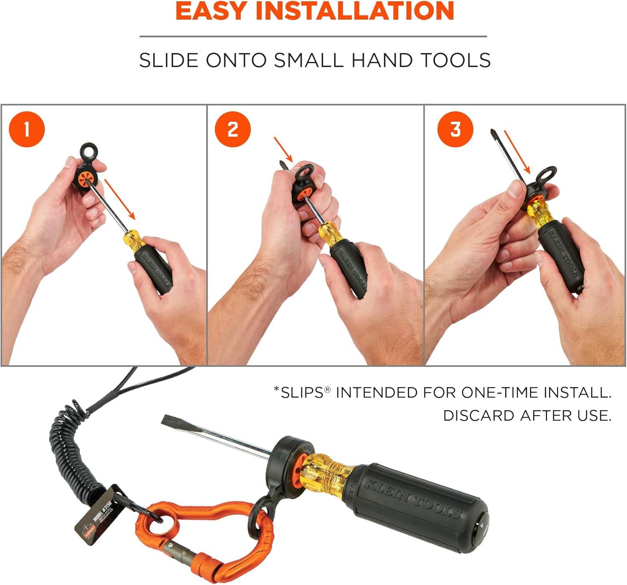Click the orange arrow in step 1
click(120, 199)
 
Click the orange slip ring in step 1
click(87, 177)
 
